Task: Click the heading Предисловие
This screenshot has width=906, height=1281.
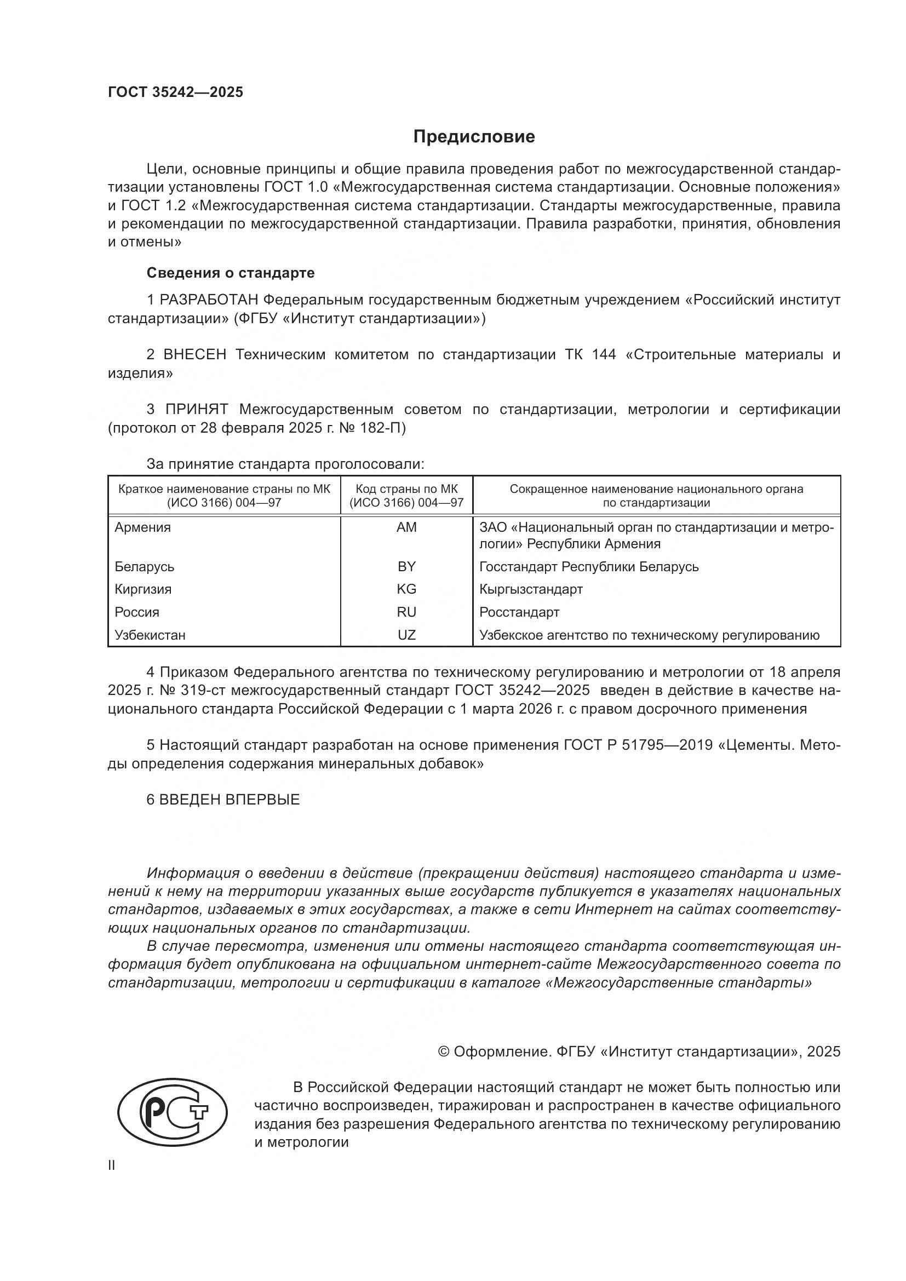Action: (474, 137)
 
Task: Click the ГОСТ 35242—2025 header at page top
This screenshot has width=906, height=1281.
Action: (175, 92)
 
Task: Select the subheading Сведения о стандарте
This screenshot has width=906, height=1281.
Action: (231, 273)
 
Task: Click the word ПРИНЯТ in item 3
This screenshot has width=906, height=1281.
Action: (197, 410)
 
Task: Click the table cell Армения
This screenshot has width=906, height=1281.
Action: (143, 527)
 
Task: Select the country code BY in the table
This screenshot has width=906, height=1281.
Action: (406, 567)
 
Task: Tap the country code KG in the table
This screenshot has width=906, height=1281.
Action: (406, 589)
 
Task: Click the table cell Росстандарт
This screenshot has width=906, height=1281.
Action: (519, 612)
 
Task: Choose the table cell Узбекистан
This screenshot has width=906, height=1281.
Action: (150, 635)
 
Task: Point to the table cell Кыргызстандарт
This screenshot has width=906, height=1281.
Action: (531, 589)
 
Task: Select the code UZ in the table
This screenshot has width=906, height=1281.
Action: (406, 635)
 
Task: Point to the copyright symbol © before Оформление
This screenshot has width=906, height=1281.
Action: (444, 1052)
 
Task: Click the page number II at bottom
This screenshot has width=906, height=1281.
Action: (112, 1165)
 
